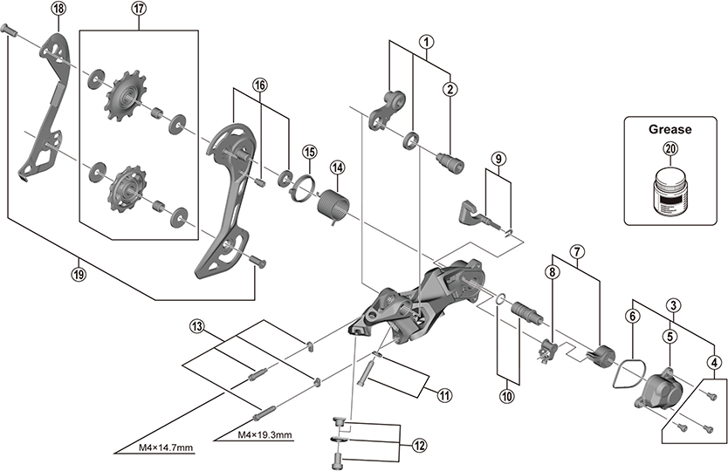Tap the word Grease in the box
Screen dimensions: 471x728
[x=670, y=129]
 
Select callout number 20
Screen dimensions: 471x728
[x=670, y=149]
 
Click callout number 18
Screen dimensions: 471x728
[x=58, y=9]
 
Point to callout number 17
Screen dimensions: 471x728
[x=140, y=9]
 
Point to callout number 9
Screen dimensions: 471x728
[x=497, y=159]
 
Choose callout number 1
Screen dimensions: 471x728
[x=425, y=41]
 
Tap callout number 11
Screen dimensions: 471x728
[x=444, y=395]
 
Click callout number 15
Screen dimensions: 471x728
[x=308, y=151]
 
